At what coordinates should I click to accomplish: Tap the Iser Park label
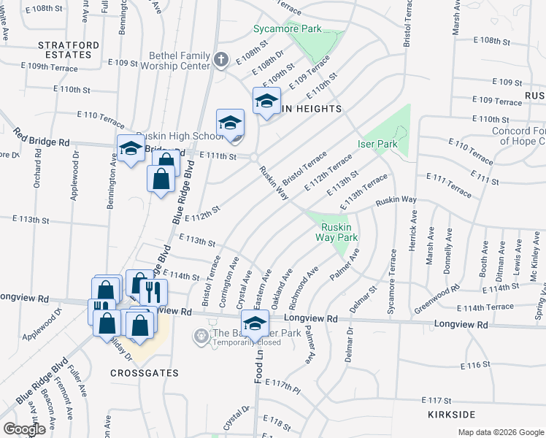[x=377, y=145]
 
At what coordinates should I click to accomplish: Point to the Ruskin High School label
[x=185, y=136]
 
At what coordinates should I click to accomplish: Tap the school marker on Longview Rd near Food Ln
[x=254, y=323]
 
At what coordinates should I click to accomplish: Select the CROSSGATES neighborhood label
[x=145, y=372]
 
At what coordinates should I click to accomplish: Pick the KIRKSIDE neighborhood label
[x=453, y=414]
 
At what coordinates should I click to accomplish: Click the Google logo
[x=24, y=430]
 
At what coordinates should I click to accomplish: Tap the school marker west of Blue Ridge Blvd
[x=131, y=149]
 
